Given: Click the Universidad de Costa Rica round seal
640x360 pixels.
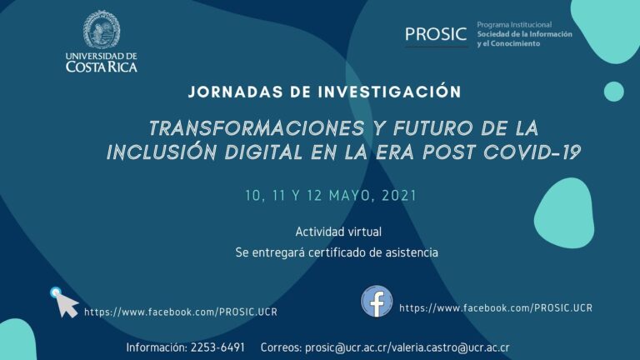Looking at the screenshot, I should tap(102, 29).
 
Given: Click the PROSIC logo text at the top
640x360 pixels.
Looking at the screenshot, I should tap(436, 34).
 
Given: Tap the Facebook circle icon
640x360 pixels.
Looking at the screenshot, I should tap(377, 301).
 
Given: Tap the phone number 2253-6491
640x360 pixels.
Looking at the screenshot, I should tap(217, 347).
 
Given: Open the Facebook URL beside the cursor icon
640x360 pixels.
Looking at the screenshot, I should tap(180, 312).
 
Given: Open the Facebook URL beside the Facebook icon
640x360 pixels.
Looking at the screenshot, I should tap(496, 307).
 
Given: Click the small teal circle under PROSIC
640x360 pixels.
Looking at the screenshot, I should tap(613, 92).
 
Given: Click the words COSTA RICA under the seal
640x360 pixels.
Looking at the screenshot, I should tap(102, 67).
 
